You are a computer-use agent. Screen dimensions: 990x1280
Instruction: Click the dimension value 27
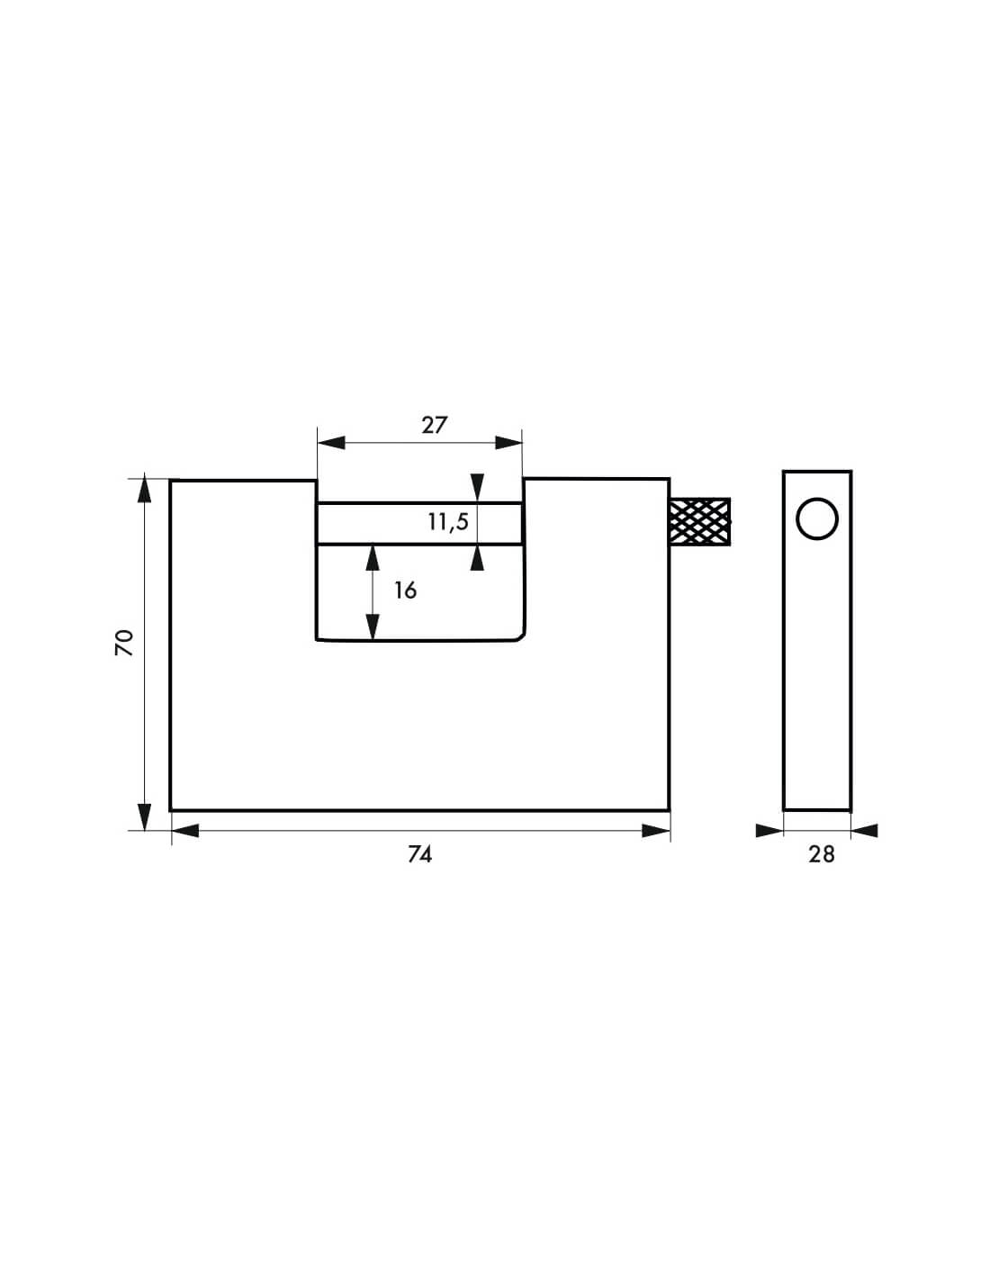click(x=435, y=425)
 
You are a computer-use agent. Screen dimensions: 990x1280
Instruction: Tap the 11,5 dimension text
click(x=448, y=522)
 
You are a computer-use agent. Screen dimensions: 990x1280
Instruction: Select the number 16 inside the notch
click(x=405, y=590)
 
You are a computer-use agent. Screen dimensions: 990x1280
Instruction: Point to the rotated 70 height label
click(x=124, y=643)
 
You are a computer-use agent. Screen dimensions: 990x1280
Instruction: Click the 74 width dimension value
click(x=420, y=854)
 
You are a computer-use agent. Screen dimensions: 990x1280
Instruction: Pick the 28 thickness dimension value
click(x=822, y=854)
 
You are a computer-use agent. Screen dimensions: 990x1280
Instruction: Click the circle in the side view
click(x=817, y=519)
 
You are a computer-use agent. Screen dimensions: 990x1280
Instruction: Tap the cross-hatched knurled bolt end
click(x=700, y=522)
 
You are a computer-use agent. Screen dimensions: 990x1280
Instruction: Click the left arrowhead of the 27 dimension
click(x=331, y=443)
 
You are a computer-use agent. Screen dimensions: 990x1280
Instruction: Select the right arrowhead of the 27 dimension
click(x=508, y=443)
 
